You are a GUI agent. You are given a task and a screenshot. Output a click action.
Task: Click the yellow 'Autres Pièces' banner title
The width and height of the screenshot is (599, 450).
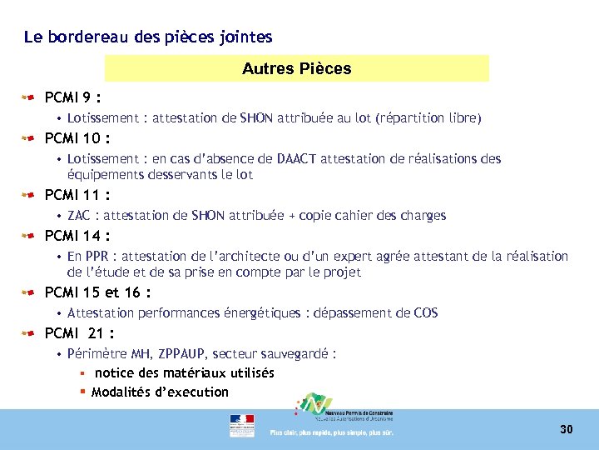[297, 68]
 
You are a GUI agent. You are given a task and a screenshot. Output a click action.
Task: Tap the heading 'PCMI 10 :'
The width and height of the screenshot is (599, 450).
[77, 137]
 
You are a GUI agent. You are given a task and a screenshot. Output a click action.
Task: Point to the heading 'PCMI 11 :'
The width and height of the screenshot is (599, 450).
[77, 195]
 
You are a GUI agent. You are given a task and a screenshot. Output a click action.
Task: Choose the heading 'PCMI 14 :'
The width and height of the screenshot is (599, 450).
[77, 236]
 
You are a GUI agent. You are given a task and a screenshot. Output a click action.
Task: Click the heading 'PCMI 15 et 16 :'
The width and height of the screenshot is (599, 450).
[97, 292]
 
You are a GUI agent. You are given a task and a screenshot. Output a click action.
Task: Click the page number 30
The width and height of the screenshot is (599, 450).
[567, 429]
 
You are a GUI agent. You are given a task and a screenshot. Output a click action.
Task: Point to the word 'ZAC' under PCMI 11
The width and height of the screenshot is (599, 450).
[81, 216]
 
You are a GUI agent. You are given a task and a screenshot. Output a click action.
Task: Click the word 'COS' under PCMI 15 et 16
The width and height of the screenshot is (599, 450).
[426, 313]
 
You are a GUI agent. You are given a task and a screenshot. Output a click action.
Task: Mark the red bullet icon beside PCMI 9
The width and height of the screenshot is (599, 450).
[28, 97]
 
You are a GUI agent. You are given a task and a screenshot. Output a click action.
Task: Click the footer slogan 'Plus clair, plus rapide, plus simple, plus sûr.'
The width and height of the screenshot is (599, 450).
[331, 432]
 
